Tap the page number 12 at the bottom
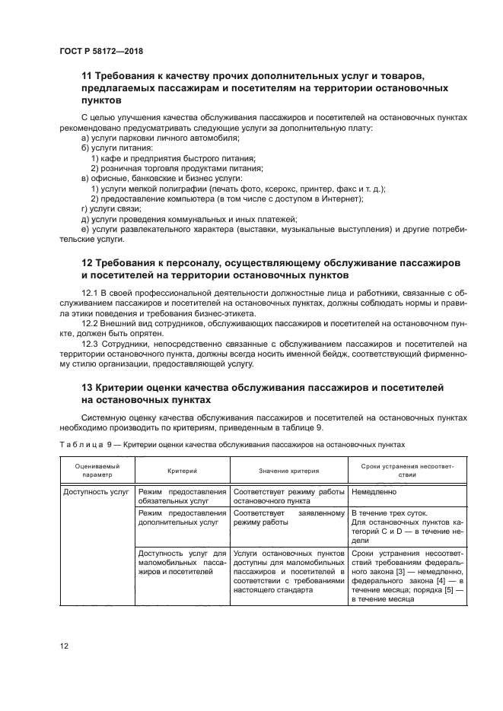click(x=65, y=646)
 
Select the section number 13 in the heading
click(x=88, y=388)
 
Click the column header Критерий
click(x=182, y=471)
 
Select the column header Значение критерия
click(x=288, y=471)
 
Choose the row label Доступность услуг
click(x=97, y=492)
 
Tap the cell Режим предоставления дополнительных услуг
click(x=182, y=518)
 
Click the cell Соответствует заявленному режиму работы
click(x=288, y=518)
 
